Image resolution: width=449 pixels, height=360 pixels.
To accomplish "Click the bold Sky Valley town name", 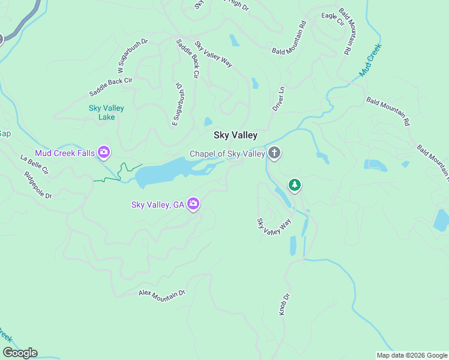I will click(x=235, y=136).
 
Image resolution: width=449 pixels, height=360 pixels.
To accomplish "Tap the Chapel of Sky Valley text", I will click(x=227, y=154).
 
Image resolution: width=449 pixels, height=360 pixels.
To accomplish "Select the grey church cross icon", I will click(x=274, y=153).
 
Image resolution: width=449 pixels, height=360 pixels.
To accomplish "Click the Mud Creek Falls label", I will click(x=65, y=153).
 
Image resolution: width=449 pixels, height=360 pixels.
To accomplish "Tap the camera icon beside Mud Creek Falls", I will click(x=104, y=152).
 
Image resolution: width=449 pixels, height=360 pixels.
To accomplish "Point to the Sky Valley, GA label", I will click(x=158, y=205).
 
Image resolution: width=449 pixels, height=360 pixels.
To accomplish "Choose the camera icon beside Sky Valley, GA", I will click(x=193, y=205).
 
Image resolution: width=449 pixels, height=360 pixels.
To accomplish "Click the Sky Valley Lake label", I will click(x=106, y=112).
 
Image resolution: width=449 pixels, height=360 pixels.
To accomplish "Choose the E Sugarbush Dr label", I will click(x=176, y=104).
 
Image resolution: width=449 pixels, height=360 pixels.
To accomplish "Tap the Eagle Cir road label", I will click(x=332, y=19).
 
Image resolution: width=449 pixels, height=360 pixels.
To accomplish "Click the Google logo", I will click(x=19, y=353).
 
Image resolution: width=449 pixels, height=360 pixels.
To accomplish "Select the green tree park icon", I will click(x=294, y=184).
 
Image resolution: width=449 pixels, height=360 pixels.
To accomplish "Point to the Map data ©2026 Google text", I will click(x=411, y=355).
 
